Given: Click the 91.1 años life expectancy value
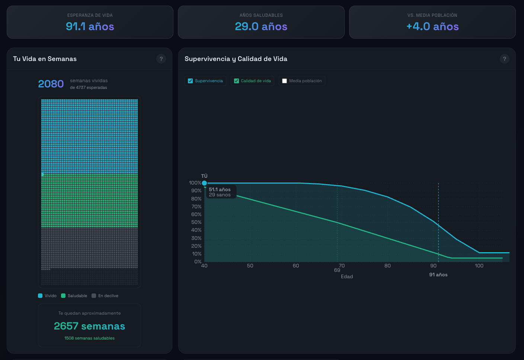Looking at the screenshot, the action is click(90, 26).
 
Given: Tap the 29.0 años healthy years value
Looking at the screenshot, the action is click(261, 26).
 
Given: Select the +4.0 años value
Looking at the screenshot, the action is click(432, 26).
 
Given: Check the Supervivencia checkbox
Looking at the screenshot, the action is click(191, 81).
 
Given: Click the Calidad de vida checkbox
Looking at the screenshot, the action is click(236, 81).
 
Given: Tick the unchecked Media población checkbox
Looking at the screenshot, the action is click(284, 81).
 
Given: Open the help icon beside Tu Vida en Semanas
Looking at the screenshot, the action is click(161, 59).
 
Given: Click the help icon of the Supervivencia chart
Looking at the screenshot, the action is click(505, 59).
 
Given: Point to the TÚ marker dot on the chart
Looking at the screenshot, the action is click(204, 183).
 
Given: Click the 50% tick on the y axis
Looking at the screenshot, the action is click(196, 222).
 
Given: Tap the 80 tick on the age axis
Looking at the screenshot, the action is click(387, 266).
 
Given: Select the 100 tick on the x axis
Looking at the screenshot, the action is click(479, 266).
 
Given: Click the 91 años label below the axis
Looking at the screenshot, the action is click(438, 275).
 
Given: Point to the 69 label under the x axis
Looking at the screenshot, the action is click(337, 270).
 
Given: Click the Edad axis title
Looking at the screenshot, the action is click(347, 277).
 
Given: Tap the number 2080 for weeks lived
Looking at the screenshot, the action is click(51, 84).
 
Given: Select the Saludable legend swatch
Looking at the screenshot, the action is click(63, 296).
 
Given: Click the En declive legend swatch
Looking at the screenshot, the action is click(94, 296).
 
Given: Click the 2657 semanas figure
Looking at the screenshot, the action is click(90, 326).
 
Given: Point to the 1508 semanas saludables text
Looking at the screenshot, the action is click(90, 338).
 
